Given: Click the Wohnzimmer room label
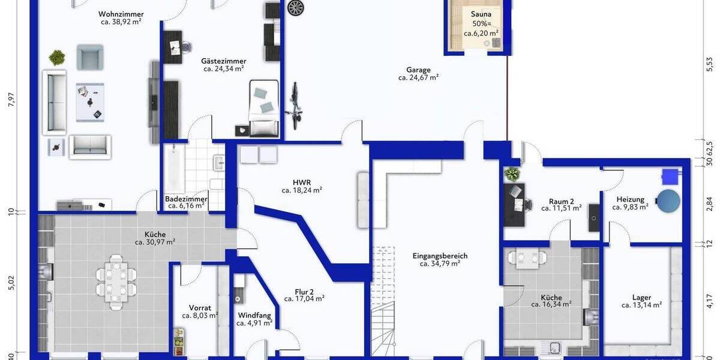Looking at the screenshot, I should (x=121, y=13).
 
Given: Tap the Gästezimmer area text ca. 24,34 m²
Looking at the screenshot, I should (x=224, y=68).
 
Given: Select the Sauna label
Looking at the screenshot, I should (x=481, y=14).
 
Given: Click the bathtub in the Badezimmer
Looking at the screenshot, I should (x=173, y=167).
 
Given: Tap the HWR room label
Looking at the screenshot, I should (x=302, y=182).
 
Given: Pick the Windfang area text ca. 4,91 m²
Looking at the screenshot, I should (x=254, y=323).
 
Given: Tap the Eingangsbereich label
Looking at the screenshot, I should (x=439, y=256).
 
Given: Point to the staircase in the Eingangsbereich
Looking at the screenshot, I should (x=382, y=300).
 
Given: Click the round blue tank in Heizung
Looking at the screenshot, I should (x=668, y=201).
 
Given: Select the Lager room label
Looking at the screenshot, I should (x=641, y=297).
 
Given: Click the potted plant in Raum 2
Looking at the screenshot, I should (x=512, y=175).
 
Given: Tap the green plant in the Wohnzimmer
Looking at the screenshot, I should (x=57, y=58).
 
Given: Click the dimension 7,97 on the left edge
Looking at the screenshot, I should (x=10, y=100).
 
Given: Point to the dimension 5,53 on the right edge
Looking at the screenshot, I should (x=710, y=64).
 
